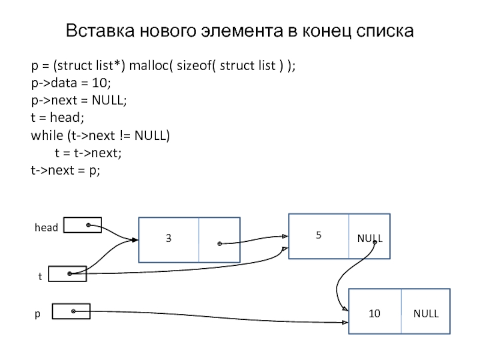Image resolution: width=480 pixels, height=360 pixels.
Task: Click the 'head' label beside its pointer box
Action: [46, 227]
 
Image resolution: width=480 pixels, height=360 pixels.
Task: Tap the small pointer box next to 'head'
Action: [82, 225]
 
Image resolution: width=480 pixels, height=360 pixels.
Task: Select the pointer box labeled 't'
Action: [67, 274]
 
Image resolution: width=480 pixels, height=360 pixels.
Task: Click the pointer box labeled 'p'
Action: [71, 311]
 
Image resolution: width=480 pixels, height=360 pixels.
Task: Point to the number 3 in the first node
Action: [169, 239]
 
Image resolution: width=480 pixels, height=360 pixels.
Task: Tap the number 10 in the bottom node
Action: [374, 313]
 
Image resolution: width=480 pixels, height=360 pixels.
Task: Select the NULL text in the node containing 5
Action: [370, 239]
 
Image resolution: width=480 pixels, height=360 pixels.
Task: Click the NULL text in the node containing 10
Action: [425, 313]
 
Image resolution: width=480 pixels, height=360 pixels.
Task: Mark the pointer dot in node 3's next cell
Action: [220, 244]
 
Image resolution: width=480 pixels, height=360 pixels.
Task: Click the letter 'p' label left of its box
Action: [37, 314]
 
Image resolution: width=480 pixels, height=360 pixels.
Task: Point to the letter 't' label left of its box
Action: [40, 276]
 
